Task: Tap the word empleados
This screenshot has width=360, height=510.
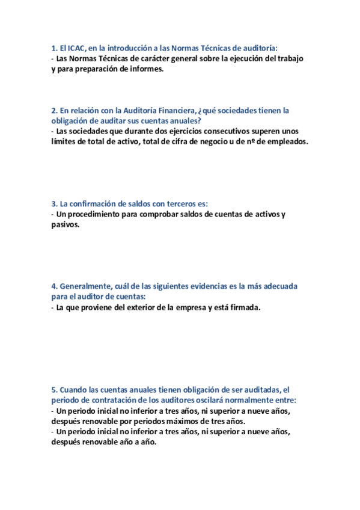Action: (x=284, y=141)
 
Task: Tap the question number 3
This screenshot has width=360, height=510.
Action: (x=53, y=204)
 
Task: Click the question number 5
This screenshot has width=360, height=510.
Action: (x=53, y=390)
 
